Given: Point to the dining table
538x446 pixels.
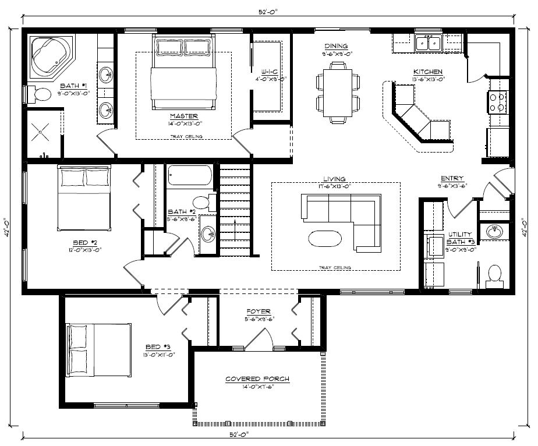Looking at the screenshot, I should tap(334, 93).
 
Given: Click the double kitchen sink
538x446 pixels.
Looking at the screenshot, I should tap(429, 43).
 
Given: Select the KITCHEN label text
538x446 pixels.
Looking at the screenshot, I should tap(428, 72).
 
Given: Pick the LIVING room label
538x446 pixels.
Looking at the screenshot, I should tap(335, 179).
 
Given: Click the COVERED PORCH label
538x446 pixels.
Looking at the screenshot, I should tap(257, 379).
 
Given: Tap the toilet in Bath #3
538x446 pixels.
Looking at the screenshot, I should tap(494, 273).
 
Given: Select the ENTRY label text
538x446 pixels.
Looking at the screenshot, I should tap(452, 179).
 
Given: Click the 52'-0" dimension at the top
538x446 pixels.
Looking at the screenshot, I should tap(268, 13).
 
